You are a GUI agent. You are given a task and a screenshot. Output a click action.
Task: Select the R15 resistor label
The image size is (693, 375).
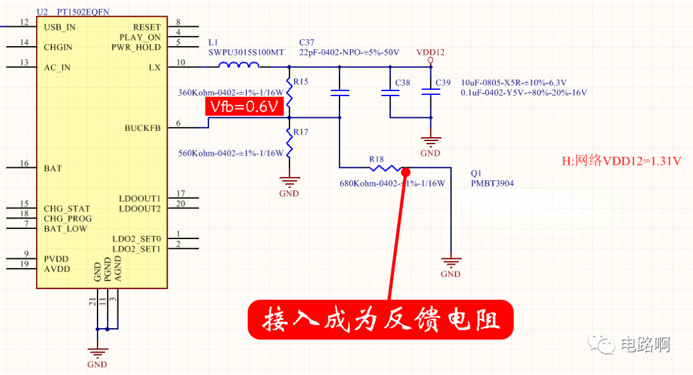click(x=301, y=82)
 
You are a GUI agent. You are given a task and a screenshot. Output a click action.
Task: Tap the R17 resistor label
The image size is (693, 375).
click(x=301, y=132)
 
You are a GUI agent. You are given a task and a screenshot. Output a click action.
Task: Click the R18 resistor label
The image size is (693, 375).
click(x=377, y=159)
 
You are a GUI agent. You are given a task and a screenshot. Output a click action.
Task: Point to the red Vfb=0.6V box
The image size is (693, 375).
click(x=244, y=107)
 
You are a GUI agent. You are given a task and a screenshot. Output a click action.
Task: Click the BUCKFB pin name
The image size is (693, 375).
click(x=142, y=128)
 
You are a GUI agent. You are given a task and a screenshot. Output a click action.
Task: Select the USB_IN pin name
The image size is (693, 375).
click(x=60, y=28)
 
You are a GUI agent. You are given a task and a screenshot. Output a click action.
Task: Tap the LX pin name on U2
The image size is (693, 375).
click(x=155, y=67)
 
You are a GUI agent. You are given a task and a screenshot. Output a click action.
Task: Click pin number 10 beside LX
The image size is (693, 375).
click(x=180, y=62)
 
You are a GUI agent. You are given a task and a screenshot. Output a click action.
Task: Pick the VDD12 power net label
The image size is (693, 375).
click(x=431, y=53)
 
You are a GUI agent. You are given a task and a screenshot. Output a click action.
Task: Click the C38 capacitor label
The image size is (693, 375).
click(x=402, y=83)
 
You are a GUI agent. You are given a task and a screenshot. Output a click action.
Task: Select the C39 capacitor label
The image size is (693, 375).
click(x=443, y=83)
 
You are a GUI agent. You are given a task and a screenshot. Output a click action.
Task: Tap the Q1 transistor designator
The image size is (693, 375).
click(x=475, y=174)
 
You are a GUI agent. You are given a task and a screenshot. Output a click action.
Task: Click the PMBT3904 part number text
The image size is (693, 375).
click(x=492, y=183)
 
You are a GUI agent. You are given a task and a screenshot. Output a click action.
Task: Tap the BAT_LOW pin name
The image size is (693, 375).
click(x=65, y=229)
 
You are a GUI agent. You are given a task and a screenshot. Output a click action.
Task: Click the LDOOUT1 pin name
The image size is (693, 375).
click(x=140, y=199)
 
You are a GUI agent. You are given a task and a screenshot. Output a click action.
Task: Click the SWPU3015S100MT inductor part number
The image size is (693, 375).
click(x=246, y=53)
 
